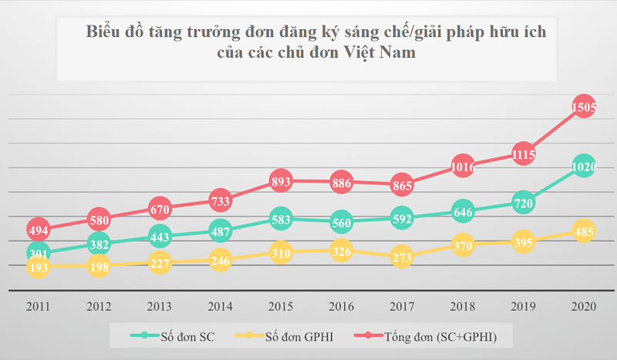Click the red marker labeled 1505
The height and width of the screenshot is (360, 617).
584,108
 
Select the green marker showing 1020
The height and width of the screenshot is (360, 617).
584,167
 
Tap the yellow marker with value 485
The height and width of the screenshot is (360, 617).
584,231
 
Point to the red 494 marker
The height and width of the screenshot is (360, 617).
38,229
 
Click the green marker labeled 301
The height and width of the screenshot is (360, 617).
38,252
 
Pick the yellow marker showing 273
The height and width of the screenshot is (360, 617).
402,257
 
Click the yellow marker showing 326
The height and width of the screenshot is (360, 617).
341,251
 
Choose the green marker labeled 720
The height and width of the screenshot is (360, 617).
523,204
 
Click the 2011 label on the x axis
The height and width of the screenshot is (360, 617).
38,306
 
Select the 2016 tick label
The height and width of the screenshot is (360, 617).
341,306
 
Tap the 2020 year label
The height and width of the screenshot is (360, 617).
584,306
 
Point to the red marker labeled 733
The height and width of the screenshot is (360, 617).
220,200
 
